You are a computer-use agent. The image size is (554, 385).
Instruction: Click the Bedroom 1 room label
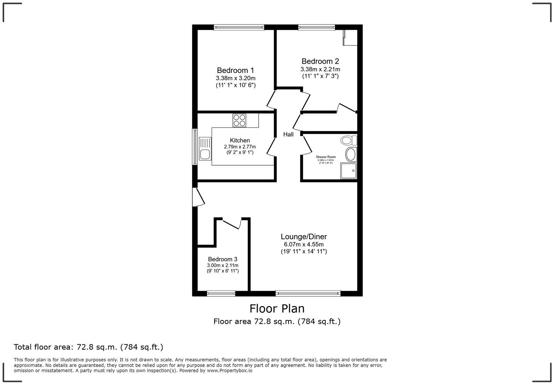click(235, 70)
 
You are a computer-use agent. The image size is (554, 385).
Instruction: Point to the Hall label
click(288, 134)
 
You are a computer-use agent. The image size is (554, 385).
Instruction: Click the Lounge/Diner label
click(304, 236)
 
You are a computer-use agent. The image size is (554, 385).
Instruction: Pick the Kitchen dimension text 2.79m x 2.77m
click(240, 147)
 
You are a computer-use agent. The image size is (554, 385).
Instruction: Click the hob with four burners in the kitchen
click(240, 120)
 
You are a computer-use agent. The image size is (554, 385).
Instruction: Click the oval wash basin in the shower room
click(350, 155)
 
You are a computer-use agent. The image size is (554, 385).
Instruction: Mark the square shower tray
click(349, 171)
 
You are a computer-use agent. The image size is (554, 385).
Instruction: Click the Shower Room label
click(326, 157)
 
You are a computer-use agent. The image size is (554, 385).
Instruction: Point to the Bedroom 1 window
click(239, 27)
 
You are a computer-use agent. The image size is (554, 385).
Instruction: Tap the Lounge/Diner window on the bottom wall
click(308, 293)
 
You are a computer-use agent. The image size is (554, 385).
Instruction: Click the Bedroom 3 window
click(221, 293)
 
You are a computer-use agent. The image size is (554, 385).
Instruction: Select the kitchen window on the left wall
click(195, 146)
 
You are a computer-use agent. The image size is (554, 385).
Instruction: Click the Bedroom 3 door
click(231, 224)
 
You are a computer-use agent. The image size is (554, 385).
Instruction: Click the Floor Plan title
click(277, 309)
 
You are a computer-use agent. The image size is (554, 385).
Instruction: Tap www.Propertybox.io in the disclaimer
click(229, 371)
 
